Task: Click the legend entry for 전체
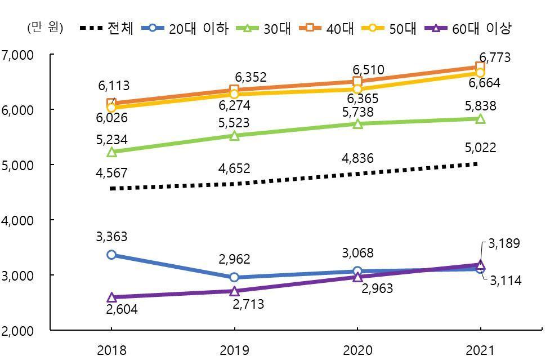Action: tap(107, 28)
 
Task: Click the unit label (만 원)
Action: tap(46, 27)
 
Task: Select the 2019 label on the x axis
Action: tap(234, 350)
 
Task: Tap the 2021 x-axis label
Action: tap(480, 350)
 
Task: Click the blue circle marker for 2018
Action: tap(111, 255)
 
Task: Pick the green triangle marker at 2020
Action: tap(357, 124)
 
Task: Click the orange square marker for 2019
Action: tap(234, 90)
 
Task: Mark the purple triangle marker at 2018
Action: tap(111, 297)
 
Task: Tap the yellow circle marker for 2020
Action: tap(357, 89)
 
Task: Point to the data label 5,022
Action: tap(481, 148)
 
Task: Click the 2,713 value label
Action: tap(248, 305)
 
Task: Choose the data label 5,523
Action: tap(234, 123)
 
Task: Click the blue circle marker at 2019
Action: tap(234, 277)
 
